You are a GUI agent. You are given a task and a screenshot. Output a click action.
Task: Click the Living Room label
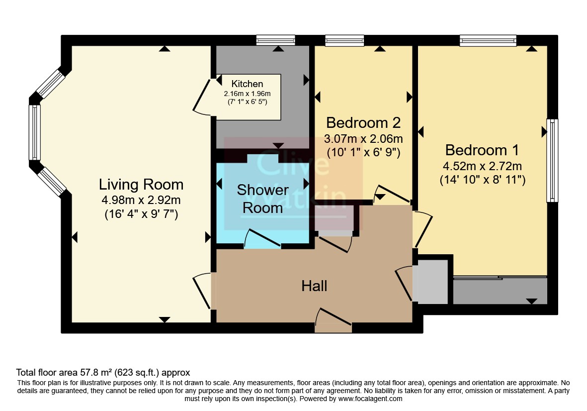coord(141,185)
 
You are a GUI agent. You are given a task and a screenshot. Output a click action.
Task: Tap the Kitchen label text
coord(247,84)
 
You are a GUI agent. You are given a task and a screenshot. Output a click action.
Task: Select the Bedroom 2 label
coord(363,123)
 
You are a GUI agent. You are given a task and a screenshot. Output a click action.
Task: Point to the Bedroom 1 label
coord(482,150)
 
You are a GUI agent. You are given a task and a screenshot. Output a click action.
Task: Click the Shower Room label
coord(262,199)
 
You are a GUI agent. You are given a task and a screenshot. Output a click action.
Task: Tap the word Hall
coord(315,286)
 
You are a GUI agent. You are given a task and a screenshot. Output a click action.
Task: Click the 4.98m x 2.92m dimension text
coord(141,200)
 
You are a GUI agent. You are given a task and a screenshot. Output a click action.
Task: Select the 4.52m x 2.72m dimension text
coord(482,166)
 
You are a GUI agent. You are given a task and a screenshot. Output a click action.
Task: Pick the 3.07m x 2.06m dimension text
coord(363,139)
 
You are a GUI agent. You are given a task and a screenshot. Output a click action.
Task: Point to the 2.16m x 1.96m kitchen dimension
coord(247,94)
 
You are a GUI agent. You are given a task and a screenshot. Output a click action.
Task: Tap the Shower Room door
coord(262,239)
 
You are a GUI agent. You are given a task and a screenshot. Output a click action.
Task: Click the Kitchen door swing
coord(202,96)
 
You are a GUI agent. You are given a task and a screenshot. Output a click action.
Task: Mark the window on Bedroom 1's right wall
coord(552,160)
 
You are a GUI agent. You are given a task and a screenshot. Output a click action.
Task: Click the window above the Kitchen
coord(276,40)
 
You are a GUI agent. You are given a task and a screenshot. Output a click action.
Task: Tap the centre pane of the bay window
coord(35,132)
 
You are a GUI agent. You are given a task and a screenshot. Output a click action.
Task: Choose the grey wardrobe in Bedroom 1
coord(500,291)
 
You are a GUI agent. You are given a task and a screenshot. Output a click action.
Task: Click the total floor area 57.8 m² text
coord(103,373)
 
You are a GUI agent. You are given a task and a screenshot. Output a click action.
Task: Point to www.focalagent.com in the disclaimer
coord(370,399)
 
